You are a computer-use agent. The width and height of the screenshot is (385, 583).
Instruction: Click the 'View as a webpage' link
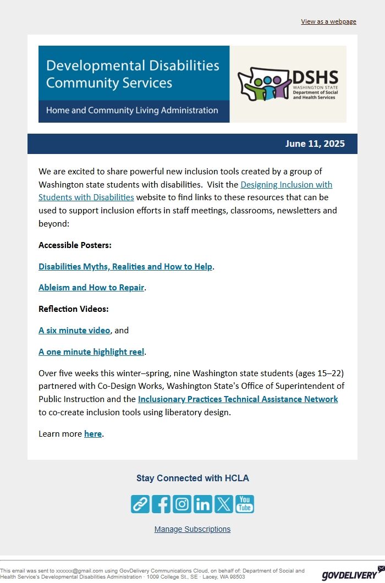pyautogui.click(x=328, y=21)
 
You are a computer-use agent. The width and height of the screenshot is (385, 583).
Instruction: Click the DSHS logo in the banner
pyautogui.click(x=288, y=84)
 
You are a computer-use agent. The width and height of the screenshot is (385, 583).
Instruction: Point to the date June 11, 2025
pyautogui.click(x=315, y=144)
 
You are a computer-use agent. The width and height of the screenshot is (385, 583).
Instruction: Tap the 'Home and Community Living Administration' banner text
pyautogui.click(x=132, y=111)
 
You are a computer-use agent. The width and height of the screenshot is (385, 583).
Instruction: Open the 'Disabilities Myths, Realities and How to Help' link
pyautogui.click(x=125, y=267)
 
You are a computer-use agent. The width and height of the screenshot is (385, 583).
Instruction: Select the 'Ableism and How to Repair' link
pyautogui.click(x=91, y=288)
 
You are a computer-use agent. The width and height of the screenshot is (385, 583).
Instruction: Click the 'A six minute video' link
pyautogui.click(x=74, y=331)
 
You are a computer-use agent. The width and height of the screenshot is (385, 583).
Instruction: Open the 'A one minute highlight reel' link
pyautogui.click(x=91, y=352)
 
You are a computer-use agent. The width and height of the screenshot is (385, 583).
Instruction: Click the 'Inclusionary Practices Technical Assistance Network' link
pyautogui.click(x=238, y=399)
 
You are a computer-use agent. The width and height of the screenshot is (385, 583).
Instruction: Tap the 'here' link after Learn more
pyautogui.click(x=92, y=434)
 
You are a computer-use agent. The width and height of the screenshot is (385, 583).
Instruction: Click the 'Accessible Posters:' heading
pyautogui.click(x=75, y=245)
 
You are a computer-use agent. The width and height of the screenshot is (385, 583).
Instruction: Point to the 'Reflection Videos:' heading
pyautogui.click(x=74, y=309)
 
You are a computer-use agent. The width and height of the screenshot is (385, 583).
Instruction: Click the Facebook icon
pyautogui.click(x=161, y=504)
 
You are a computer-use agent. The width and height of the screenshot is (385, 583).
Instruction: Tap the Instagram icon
pyautogui.click(x=182, y=504)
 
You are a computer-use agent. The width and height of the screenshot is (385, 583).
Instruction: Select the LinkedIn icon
pyautogui.click(x=203, y=504)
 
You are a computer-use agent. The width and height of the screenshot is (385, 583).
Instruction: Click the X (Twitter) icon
pyautogui.click(x=224, y=504)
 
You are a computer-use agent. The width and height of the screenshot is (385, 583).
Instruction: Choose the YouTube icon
pyautogui.click(x=245, y=504)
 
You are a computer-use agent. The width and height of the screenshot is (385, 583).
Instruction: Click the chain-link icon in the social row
pyautogui.click(x=140, y=504)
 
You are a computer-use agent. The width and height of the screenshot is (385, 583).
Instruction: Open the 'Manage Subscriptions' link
pyautogui.click(x=193, y=529)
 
